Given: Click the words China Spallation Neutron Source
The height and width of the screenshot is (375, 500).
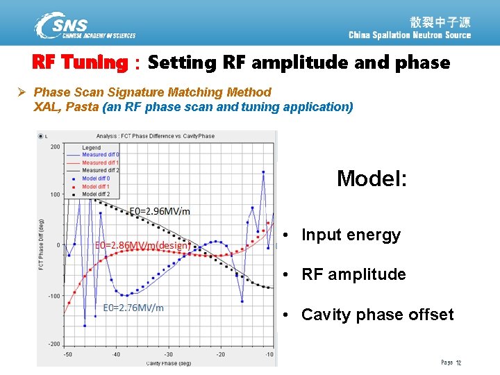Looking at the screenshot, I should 409,35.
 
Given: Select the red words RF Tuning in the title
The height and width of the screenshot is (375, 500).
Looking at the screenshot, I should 80,63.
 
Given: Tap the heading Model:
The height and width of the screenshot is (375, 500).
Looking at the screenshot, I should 372,178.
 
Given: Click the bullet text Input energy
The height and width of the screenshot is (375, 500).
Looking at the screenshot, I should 351,235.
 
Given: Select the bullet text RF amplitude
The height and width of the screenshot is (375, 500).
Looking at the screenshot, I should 353,274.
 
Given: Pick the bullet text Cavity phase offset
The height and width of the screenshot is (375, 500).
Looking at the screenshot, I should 377,315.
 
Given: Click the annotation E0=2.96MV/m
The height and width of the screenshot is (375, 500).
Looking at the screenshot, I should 160,211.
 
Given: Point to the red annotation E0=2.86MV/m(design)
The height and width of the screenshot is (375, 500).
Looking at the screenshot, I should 142,245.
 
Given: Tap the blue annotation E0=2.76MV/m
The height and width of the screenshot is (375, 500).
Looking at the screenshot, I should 133,308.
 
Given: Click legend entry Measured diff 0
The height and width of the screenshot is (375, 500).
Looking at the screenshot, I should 100,154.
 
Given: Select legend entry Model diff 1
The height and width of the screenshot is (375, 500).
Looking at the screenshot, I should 96,187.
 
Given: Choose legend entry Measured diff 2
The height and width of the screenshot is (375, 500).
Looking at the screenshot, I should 100,170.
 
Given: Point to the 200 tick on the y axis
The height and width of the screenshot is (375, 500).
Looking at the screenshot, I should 54,147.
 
